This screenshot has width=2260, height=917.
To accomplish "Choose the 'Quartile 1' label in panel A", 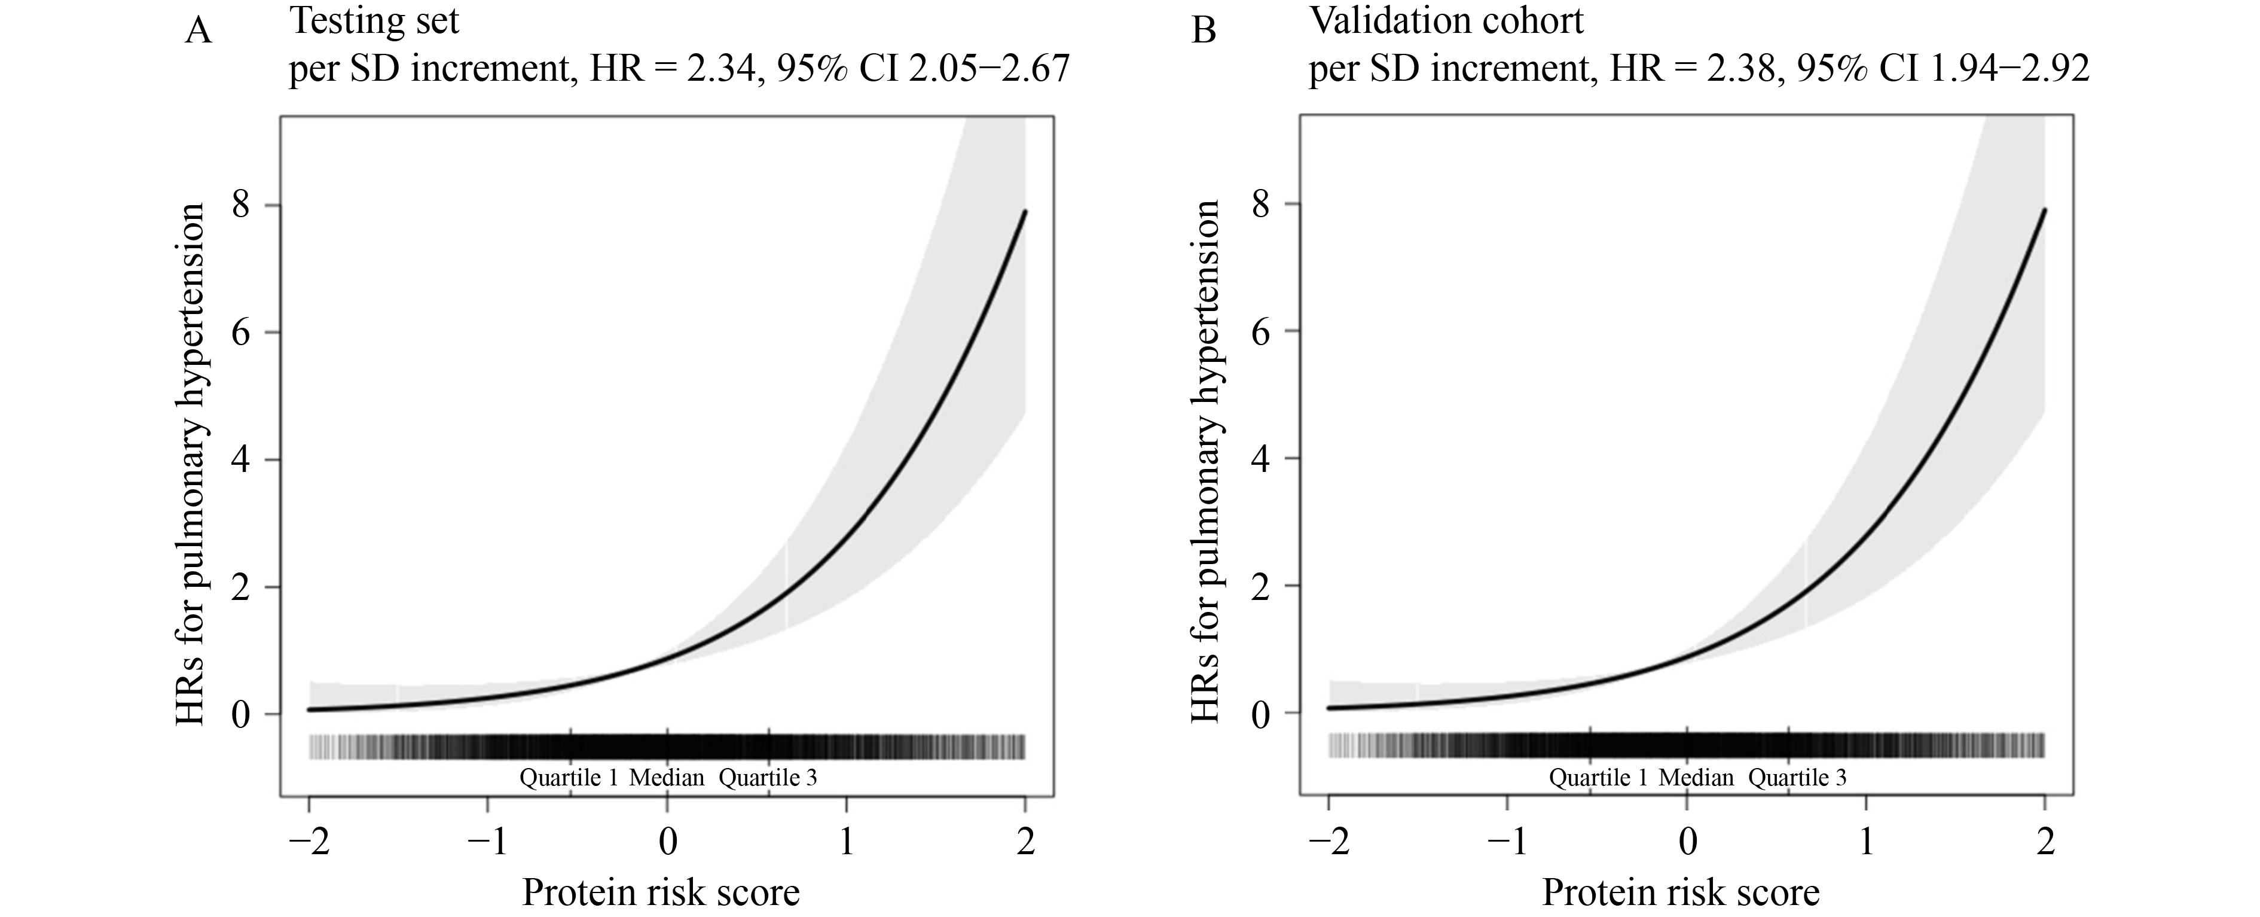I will point(569,778).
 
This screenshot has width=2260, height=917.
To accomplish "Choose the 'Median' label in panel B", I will point(1696,778).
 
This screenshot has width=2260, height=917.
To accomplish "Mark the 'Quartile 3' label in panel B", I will point(1797,778).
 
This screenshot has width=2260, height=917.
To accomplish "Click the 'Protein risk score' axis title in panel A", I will point(661,893).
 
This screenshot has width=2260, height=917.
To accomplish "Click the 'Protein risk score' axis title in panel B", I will point(1681,893).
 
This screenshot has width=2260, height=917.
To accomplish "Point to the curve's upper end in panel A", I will point(1024,212).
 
